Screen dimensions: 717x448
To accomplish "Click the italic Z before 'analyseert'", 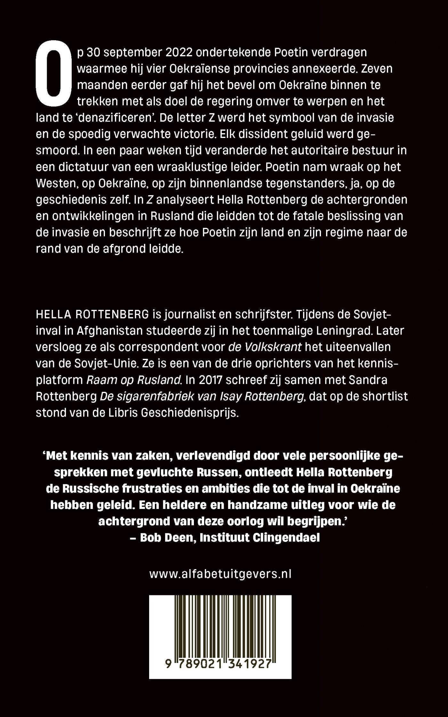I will (149, 200).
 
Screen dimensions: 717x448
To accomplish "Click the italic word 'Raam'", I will (99, 380).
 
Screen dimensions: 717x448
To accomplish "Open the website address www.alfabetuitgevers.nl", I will (220, 574).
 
